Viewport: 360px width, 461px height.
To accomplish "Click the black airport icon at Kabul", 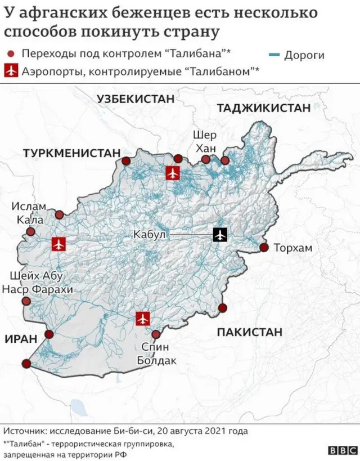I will [x=220, y=234].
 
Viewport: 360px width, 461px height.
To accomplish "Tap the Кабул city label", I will [x=150, y=235].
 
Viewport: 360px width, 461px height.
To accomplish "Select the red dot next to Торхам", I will [x=263, y=248].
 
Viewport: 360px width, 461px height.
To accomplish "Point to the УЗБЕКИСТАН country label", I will [x=136, y=99].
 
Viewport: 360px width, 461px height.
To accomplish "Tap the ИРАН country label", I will [x=20, y=338].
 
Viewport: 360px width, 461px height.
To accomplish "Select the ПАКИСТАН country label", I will [x=250, y=332].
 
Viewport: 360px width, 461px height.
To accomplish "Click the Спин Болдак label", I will [x=156, y=354].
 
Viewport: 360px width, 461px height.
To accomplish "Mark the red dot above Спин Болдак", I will [x=156, y=334].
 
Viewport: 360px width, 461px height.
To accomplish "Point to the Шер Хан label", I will [x=204, y=141].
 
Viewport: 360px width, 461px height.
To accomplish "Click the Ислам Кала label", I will [x=29, y=213].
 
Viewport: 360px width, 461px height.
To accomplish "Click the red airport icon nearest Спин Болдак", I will [x=143, y=319].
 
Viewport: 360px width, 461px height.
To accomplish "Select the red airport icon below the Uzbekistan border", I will [x=172, y=173].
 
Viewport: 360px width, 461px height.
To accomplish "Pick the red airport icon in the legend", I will [x=10, y=71].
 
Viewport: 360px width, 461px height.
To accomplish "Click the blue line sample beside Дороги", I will [x=275, y=55].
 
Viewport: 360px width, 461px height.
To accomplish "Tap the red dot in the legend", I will [x=11, y=53].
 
